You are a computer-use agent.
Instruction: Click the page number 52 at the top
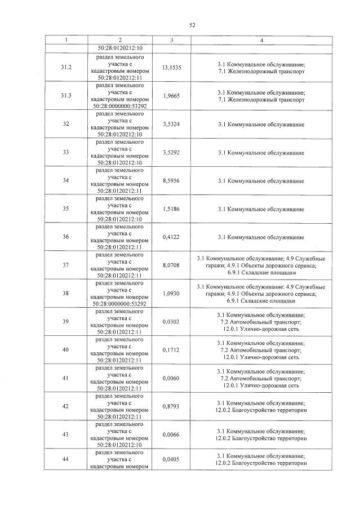point(192,25)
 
